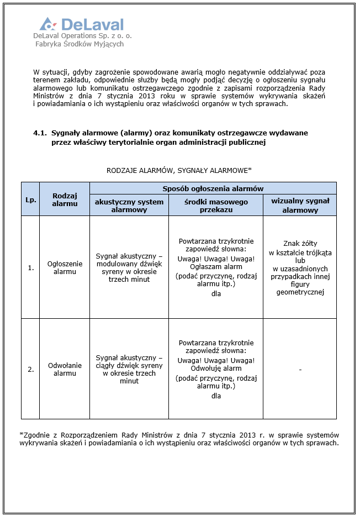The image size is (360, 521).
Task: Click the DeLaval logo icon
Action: (x=48, y=24)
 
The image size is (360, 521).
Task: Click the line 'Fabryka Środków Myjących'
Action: (x=79, y=44)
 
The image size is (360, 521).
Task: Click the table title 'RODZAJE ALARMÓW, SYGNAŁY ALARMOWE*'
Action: (x=179, y=170)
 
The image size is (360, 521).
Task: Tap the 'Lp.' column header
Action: (x=31, y=199)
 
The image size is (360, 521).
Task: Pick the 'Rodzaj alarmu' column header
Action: (x=65, y=199)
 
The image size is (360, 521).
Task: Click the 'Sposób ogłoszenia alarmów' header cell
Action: (x=213, y=188)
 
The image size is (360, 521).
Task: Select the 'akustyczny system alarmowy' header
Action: (x=129, y=206)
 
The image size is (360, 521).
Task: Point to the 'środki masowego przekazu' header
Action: (x=216, y=206)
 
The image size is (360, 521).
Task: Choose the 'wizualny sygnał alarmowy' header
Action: (x=300, y=206)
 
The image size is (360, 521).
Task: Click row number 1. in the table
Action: (x=31, y=267)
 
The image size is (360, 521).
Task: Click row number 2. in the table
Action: (x=31, y=369)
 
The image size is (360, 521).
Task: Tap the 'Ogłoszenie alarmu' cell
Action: (x=65, y=267)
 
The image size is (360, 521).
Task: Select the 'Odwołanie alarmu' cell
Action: (x=65, y=369)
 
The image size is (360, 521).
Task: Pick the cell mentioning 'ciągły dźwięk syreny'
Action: (x=129, y=369)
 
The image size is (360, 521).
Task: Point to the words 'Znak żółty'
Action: (x=300, y=243)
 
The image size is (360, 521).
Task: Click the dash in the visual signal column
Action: (x=300, y=369)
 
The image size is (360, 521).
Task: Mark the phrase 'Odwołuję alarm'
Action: (x=216, y=369)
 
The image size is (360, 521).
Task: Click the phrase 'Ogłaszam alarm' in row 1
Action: (x=216, y=267)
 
